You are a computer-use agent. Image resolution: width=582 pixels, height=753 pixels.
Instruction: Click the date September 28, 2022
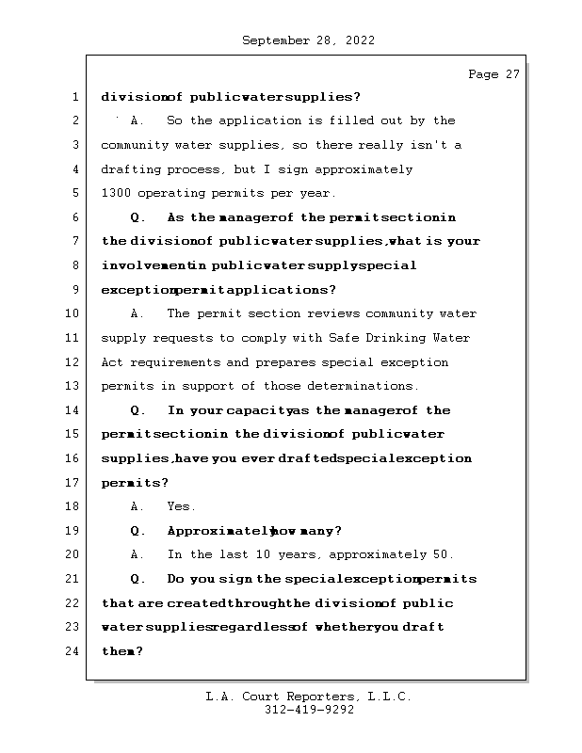(309, 40)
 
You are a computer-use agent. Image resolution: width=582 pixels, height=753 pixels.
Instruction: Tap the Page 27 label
(493, 74)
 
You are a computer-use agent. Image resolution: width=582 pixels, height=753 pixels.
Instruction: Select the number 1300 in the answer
(116, 194)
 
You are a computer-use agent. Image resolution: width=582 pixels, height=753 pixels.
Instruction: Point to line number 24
(73, 651)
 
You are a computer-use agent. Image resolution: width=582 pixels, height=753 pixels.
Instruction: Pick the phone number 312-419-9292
(309, 711)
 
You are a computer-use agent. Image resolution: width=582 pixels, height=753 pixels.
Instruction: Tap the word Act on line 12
(112, 362)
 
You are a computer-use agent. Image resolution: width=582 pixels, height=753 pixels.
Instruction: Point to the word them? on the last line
(121, 651)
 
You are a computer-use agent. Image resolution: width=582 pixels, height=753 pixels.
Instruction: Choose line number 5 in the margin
(73, 194)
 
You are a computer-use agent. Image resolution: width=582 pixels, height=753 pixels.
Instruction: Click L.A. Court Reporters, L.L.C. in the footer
(309, 697)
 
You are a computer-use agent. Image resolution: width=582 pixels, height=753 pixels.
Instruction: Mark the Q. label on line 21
(137, 579)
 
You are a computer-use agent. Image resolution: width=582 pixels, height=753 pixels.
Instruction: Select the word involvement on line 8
(143, 265)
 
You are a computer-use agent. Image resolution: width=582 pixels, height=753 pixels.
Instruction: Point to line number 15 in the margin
(73, 434)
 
